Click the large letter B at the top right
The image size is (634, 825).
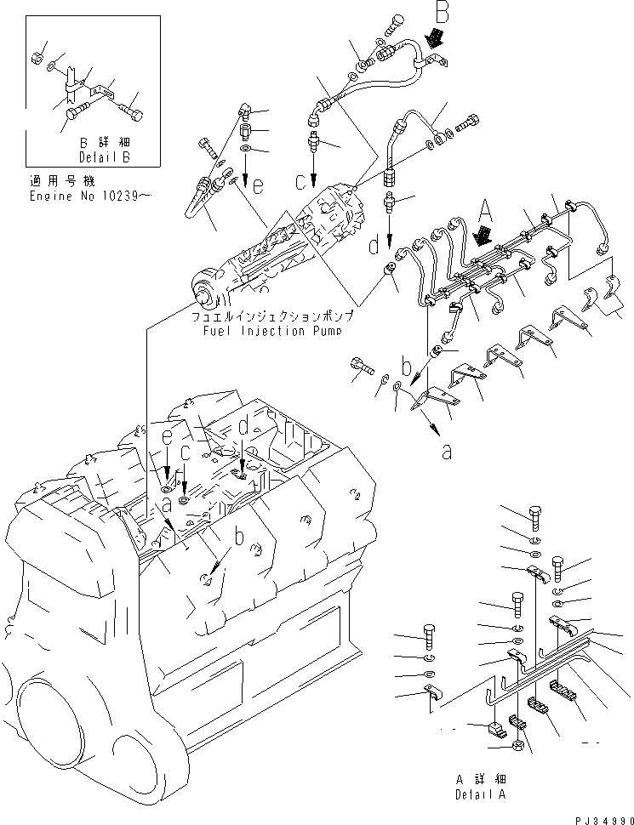pyautogui.click(x=443, y=13)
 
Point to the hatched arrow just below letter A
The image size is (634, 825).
pyautogui.click(x=483, y=235)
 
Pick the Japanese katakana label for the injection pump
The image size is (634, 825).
pyautogui.click(x=272, y=316)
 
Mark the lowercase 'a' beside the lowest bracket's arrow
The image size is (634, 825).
pyautogui.click(x=446, y=452)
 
